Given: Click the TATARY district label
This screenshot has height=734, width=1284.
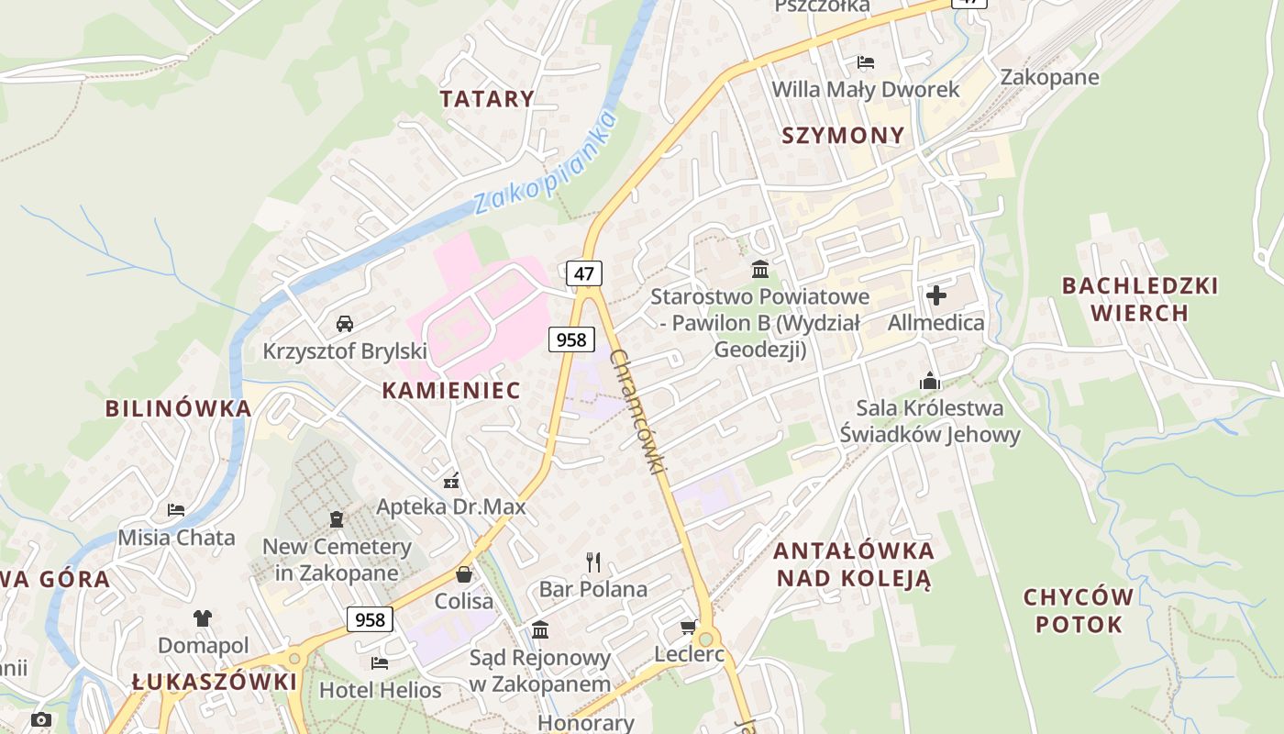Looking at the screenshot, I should pos(486,99).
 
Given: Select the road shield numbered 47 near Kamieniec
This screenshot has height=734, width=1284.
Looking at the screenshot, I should pos(584,272).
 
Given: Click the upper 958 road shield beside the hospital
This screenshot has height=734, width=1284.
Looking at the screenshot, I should pos(570,339).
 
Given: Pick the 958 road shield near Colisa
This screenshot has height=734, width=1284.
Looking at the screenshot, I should pos(370,619).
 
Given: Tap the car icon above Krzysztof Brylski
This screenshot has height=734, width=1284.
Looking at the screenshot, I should pos(345,323).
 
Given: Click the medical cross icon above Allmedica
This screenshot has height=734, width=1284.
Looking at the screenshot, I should pos(935,295).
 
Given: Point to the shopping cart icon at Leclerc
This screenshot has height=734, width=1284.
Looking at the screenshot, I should pos(688,628).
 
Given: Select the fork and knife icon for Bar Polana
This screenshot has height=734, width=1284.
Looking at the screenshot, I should pos(593,561).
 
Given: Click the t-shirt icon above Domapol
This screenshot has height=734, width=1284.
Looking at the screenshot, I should pos(203,617).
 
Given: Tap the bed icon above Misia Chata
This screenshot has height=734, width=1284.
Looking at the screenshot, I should pos(176,509).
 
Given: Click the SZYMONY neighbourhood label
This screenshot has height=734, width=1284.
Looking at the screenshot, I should pos(843,136).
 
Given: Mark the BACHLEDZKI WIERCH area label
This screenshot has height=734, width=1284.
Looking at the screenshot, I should pos(1140,299).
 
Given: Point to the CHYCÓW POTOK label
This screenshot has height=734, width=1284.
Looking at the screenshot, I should pos(1079,611).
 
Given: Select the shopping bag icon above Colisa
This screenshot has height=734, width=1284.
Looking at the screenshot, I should pos(464,574).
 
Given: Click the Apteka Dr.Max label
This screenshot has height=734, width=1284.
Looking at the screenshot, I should pos(451,506).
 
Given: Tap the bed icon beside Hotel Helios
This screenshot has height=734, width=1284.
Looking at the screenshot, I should pos(380,662).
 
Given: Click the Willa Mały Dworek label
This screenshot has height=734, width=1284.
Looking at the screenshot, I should pos(865,89).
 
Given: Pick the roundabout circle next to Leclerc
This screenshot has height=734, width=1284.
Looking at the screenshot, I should pos(705,639).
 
